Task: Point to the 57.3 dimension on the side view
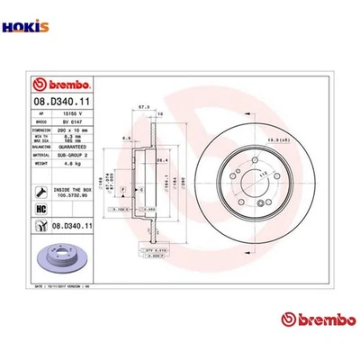click(143, 105)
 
